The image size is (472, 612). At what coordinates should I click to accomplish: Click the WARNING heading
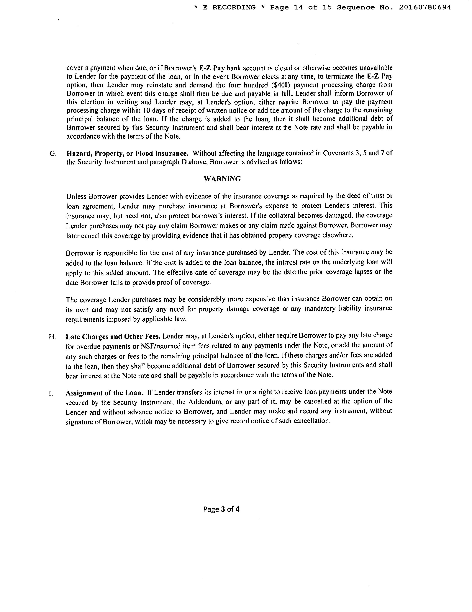point(222,179)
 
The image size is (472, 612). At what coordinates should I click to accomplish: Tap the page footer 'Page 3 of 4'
point(222,509)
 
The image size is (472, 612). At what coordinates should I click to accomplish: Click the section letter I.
point(50,393)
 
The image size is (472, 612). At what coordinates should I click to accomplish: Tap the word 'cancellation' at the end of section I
point(312,421)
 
